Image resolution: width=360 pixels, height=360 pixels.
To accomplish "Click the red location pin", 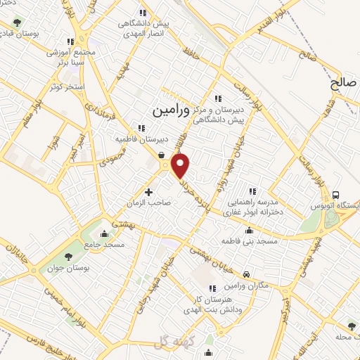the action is click(181, 166).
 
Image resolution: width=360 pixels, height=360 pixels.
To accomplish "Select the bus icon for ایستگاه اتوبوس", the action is click(335, 195).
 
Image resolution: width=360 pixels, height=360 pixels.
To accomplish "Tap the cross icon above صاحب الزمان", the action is click(148, 191).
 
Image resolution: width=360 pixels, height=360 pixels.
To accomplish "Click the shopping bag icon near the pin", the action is click(162, 156).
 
